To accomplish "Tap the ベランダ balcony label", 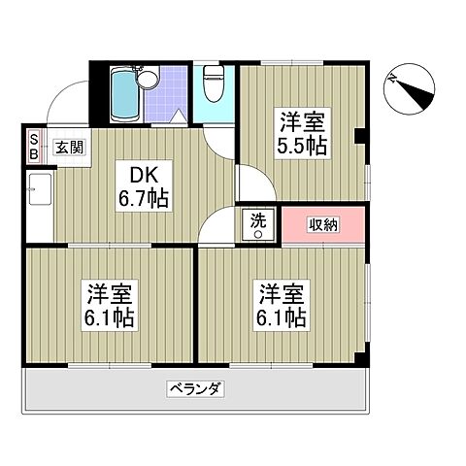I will click(x=198, y=390).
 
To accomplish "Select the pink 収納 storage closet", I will click(x=325, y=223).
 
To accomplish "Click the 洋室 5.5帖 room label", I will click(x=303, y=134).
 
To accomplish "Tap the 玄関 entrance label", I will click(x=68, y=148).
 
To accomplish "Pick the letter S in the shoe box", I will click(x=31, y=139).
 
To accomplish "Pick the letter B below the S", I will click(x=31, y=153).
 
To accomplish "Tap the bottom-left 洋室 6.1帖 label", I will click(x=109, y=304).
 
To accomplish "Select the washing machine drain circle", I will click(x=258, y=233).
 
